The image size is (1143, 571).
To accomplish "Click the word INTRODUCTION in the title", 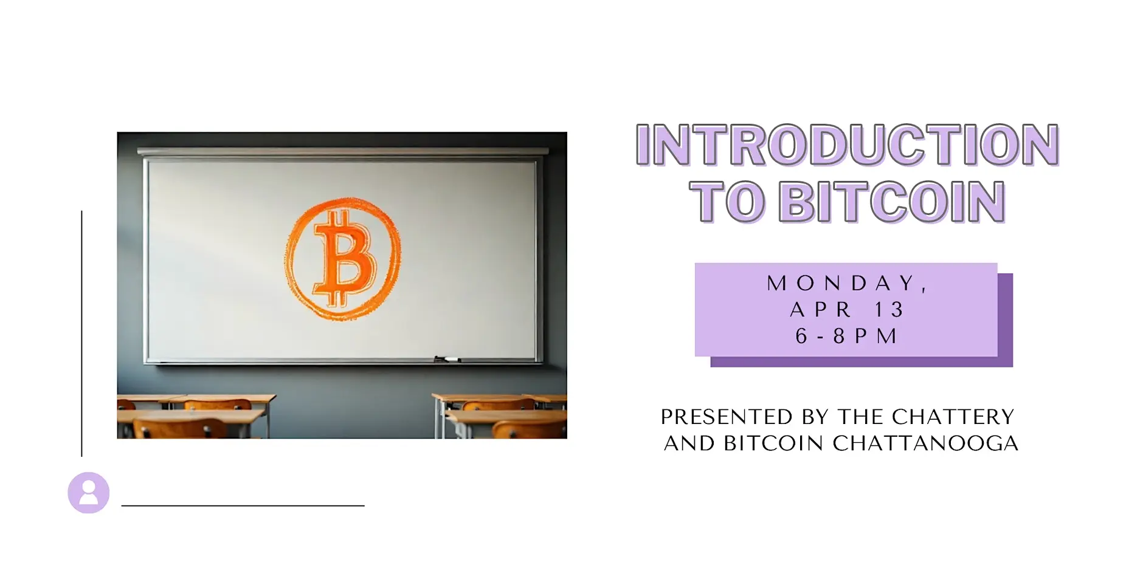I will [x=847, y=145].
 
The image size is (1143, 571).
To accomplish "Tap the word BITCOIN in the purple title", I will [x=892, y=202].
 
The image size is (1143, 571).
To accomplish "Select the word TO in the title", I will [x=727, y=202].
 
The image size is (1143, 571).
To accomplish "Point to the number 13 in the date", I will [x=889, y=310].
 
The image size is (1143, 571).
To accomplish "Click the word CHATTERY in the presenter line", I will [x=953, y=417].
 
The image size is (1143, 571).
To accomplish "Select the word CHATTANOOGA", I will [x=925, y=443].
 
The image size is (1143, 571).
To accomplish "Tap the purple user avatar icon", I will [x=89, y=493].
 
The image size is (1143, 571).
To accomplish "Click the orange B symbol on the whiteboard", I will [x=343, y=259].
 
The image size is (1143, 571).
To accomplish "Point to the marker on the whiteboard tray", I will [x=447, y=360].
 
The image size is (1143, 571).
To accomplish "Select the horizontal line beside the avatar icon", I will [x=243, y=505].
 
